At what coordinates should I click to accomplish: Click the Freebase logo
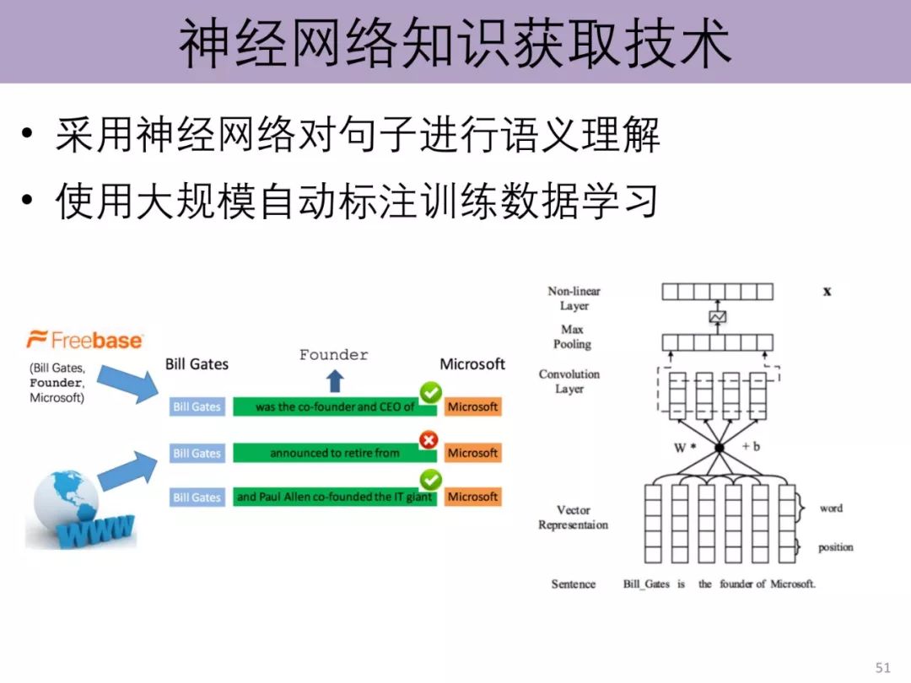(x=85, y=340)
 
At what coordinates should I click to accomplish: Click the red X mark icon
(x=429, y=438)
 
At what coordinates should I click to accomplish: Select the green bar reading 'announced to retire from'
(x=335, y=453)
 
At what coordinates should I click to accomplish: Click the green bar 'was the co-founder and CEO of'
(x=335, y=406)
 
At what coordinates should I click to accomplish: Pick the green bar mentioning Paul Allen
(x=335, y=497)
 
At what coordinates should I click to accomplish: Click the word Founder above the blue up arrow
(x=334, y=355)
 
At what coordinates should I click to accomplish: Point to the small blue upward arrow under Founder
(x=335, y=381)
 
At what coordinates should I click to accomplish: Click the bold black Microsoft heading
(x=472, y=364)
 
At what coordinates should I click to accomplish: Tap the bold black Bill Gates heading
(x=197, y=364)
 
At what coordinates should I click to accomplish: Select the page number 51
(x=883, y=668)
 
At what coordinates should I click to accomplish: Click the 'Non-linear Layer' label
(x=574, y=298)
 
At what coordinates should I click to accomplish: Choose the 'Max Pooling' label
(x=572, y=336)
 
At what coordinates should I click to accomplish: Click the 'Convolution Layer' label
(x=569, y=381)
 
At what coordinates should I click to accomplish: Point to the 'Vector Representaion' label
(x=573, y=517)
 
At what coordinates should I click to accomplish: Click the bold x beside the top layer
(x=827, y=291)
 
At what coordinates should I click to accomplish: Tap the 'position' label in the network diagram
(x=835, y=547)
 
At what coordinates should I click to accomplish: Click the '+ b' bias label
(x=751, y=446)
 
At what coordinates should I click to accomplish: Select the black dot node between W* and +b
(x=720, y=448)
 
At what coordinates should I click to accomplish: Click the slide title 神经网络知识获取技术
(x=455, y=44)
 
